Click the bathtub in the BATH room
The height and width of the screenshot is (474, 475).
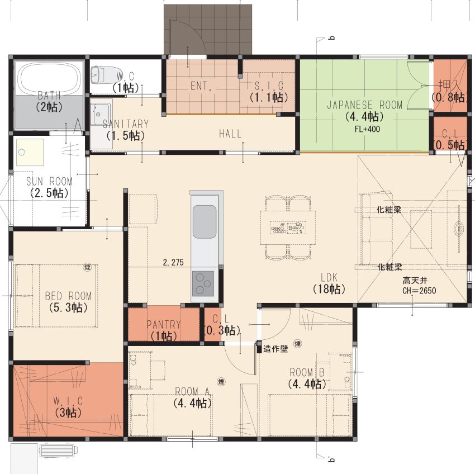[50, 78]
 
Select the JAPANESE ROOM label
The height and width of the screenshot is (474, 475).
[364, 105]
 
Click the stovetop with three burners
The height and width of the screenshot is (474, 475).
[203, 283]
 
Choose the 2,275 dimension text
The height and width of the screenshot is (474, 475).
[173, 262]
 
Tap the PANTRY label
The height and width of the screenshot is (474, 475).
[164, 325]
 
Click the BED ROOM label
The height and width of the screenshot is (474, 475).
[68, 296]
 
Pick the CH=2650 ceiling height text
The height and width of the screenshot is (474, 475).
[419, 291]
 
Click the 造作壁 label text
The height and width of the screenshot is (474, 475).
[275, 349]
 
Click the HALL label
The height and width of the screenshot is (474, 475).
[230, 134]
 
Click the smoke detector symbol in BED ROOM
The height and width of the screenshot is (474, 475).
[87, 267]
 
